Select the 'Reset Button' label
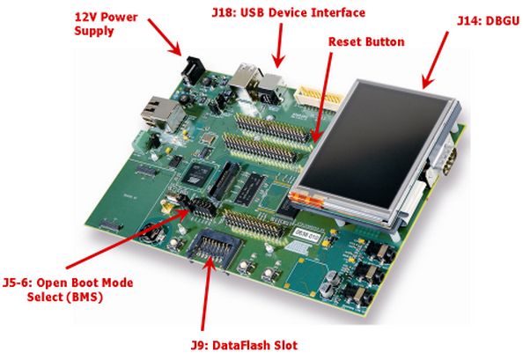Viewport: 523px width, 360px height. point(365,41)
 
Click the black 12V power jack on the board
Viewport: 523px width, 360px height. point(192,69)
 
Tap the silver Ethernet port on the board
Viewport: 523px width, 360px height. point(155,107)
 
